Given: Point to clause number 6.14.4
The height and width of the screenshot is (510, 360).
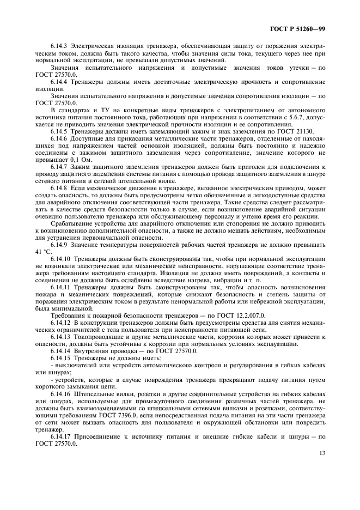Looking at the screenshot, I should [x=59, y=81].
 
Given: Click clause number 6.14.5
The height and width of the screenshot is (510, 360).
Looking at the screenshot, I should [x=59, y=131].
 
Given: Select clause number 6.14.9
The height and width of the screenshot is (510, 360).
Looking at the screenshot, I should [x=59, y=245].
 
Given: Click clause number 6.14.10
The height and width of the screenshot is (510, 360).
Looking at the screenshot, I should [x=61, y=259].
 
